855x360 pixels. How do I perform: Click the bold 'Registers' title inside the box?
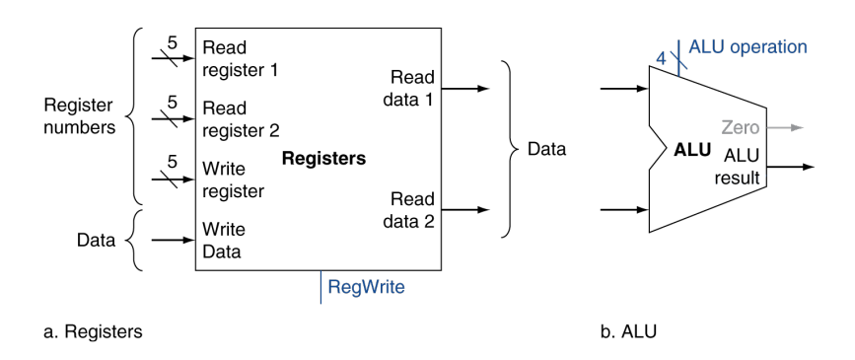click(322, 158)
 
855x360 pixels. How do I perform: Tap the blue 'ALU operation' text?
click(748, 46)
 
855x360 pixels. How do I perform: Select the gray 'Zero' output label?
click(741, 128)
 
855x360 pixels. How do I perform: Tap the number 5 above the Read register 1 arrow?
click(173, 42)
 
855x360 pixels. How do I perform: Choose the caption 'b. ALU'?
click(628, 332)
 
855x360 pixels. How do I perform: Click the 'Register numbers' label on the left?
click(78, 114)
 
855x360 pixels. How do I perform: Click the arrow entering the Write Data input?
click(173, 239)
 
